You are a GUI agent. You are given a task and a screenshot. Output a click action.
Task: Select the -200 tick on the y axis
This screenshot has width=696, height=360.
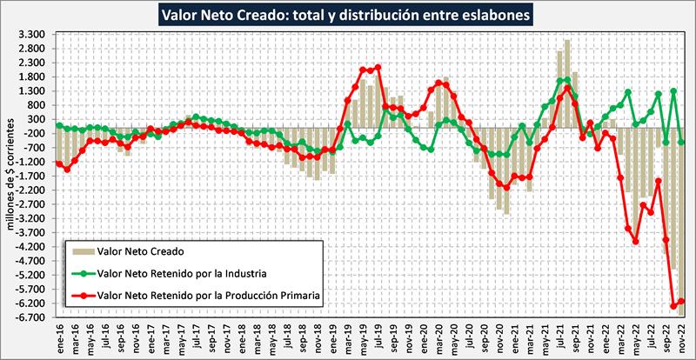35,133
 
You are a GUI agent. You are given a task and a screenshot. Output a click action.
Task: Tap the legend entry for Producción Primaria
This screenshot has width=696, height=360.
210,296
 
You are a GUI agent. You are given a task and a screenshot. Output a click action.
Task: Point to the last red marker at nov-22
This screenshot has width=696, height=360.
681,302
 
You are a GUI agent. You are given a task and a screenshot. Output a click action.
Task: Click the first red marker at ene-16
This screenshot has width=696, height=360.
59,163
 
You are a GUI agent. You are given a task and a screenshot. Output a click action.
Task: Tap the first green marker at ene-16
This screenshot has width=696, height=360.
59,125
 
